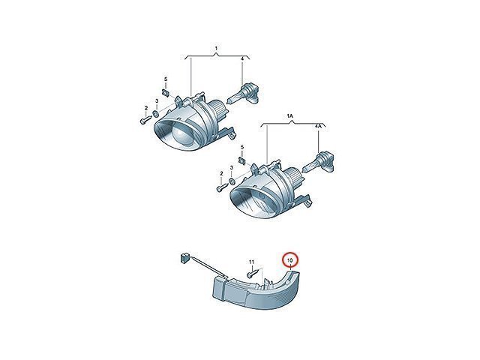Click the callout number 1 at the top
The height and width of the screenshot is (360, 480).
tap(216, 48)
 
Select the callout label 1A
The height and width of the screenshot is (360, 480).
tap(290, 116)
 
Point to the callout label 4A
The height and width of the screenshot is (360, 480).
tap(319, 126)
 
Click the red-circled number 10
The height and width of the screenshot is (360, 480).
tap(290, 260)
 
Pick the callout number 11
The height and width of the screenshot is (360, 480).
tap(252, 262)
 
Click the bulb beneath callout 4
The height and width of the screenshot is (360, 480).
tap(243, 95)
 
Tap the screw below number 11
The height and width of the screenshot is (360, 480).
tap(252, 273)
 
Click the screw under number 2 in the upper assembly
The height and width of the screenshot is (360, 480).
tap(145, 120)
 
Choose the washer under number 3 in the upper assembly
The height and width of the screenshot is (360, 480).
tap(155, 114)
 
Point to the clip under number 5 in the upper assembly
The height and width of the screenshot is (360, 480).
tap(166, 91)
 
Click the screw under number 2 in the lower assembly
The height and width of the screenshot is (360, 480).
tap(222, 187)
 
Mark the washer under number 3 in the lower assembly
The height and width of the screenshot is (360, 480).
tap(232, 181)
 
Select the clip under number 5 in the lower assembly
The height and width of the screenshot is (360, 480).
tap(242, 160)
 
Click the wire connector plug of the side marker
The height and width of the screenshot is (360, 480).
tap(183, 257)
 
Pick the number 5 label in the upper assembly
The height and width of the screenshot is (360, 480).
tap(166, 79)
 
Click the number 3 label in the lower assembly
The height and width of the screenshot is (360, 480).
tap(232, 168)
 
